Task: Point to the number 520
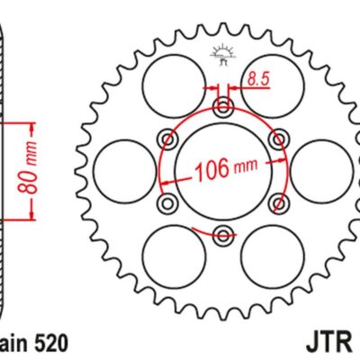48,342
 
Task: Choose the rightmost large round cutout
321,169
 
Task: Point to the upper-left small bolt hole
166,139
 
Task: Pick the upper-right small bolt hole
279,139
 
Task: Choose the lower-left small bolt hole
166,203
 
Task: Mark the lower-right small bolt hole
279,203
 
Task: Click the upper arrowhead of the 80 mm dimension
33,123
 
